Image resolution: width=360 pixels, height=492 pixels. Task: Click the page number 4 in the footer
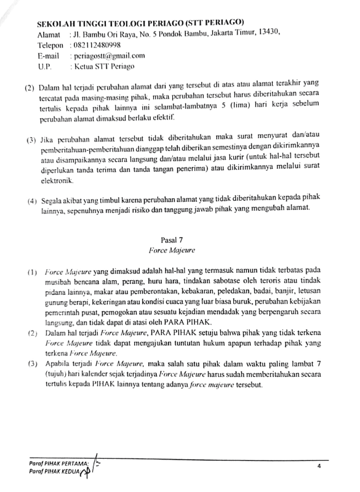point(319,466)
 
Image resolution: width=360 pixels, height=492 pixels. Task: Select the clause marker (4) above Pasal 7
point(31,202)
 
